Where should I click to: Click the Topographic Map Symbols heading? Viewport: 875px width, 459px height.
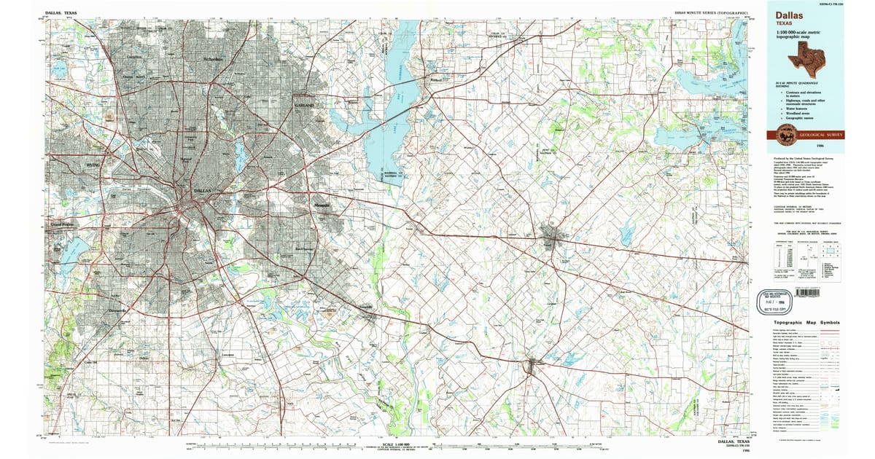tap(806, 323)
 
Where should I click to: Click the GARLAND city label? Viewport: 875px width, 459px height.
tap(303, 106)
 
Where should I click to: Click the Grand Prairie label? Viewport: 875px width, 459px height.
tap(63, 225)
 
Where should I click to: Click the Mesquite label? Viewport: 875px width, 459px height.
tap(322, 206)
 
